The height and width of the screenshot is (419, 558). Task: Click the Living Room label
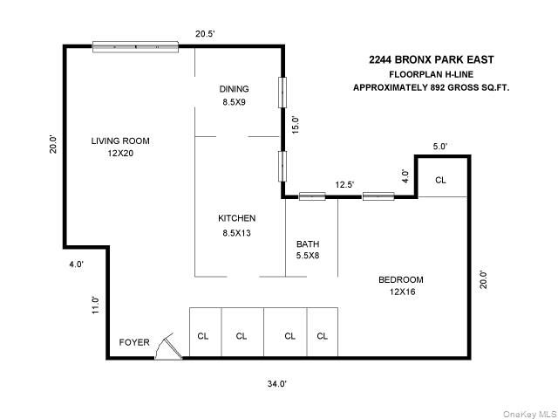click(120, 141)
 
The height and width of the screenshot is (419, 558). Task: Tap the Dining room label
click(234, 89)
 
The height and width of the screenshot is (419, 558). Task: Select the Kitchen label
click(236, 218)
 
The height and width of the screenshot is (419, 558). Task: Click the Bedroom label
click(400, 279)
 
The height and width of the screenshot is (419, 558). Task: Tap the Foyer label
click(134, 342)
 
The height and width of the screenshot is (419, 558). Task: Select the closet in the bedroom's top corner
click(440, 180)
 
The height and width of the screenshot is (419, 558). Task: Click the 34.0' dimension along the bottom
click(276, 383)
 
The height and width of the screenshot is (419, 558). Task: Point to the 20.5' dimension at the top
click(204, 34)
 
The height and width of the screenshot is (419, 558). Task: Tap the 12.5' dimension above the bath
click(344, 183)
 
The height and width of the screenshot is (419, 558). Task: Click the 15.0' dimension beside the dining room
click(295, 125)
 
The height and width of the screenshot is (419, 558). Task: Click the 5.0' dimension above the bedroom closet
click(439, 147)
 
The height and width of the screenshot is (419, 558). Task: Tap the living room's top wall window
click(136, 46)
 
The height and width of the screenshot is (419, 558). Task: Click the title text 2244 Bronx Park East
click(431, 59)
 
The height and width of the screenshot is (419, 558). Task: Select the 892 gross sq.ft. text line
click(431, 87)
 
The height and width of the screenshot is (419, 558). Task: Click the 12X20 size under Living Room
click(120, 153)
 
